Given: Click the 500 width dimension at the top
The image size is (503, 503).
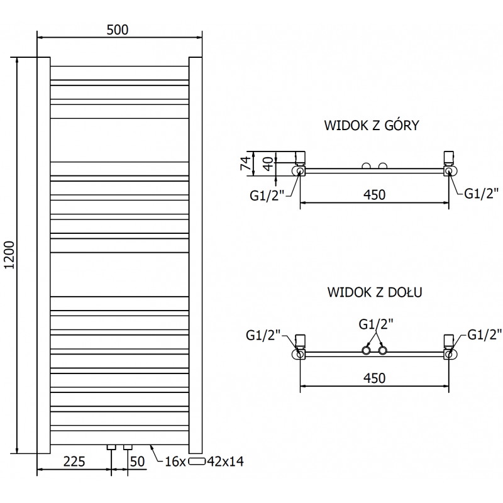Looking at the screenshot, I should pos(119,29).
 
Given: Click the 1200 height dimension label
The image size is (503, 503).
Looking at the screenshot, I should pos(9,255).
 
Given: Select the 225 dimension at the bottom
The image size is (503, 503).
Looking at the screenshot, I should pos(74,462).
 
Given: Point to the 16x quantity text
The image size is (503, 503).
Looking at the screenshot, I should pos(175,462).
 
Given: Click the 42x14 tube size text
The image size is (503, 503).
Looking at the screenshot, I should pos(225,462).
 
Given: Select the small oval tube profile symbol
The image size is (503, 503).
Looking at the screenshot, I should pos(197,462).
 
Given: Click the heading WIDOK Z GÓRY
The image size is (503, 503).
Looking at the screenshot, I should pos(372,125).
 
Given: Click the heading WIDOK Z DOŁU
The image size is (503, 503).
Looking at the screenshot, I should pos(374,292).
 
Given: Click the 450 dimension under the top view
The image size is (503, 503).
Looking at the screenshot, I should pos(374,195).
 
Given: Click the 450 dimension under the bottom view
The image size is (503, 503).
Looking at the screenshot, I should pos(374,378).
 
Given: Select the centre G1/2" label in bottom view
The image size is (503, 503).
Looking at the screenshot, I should pos(376,324).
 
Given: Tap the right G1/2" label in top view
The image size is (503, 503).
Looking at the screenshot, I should pos(482,193).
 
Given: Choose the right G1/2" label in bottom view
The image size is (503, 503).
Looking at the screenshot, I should pos(485,334).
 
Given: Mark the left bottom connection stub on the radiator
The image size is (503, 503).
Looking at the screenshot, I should pos(111,447).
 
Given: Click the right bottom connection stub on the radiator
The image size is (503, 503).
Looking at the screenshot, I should pos(128,447).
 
